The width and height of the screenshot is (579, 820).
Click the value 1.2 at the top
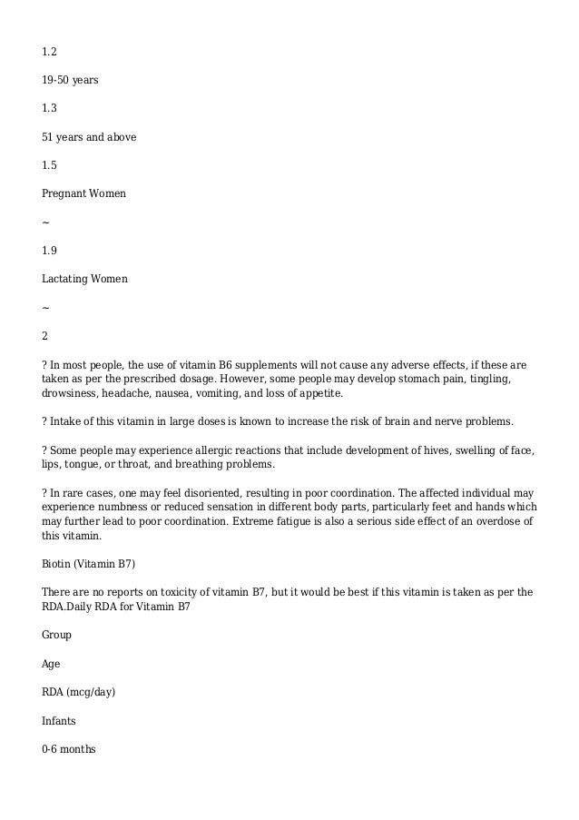click(50, 51)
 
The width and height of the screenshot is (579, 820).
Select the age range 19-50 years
click(70, 80)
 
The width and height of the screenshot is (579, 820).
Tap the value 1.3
click(50, 108)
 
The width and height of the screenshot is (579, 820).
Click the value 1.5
click(50, 165)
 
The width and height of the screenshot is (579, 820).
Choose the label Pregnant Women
click(83, 194)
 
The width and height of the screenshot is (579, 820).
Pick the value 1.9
click(50, 251)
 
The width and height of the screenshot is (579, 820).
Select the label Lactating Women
click(84, 279)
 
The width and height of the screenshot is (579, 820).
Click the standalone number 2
click(45, 336)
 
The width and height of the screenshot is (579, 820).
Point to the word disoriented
click(197, 493)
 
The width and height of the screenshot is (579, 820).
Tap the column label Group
click(56, 636)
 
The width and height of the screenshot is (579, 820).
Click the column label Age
click(51, 664)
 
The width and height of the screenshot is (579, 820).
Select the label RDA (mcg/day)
click(79, 693)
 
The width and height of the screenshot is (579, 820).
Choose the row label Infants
click(59, 721)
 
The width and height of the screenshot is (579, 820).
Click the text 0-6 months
click(68, 750)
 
